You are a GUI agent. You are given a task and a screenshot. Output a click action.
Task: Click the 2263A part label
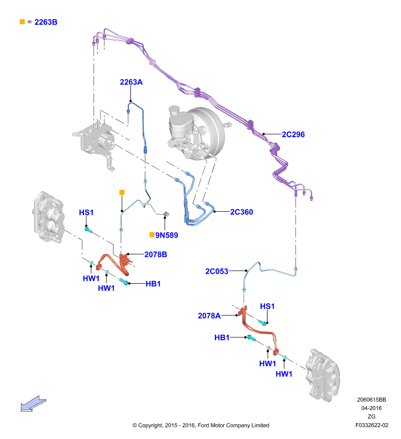click(131, 82)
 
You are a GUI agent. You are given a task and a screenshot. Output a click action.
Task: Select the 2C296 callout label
click(293, 134)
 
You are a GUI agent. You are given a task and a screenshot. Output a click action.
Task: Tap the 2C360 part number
click(241, 212)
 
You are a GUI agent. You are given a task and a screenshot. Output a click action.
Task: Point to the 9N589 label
click(167, 235)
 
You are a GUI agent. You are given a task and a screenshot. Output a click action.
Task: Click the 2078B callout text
click(156, 255)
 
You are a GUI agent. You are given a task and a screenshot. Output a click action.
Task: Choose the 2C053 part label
click(217, 271)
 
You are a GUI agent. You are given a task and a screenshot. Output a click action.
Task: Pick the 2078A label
click(210, 316)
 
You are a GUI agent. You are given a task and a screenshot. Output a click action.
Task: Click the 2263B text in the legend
click(46, 22)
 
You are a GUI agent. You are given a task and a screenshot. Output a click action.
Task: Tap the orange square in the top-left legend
click(22, 22)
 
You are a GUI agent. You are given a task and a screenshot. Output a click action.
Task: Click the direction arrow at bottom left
click(33, 404)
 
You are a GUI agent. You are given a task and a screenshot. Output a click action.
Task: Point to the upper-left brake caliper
click(49, 217)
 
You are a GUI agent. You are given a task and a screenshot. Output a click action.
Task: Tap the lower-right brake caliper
click(323, 375)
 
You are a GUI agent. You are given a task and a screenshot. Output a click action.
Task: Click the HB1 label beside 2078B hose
click(153, 284)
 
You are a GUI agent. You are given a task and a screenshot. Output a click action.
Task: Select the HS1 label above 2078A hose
click(267, 306)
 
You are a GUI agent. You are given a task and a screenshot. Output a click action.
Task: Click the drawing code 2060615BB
click(371, 400)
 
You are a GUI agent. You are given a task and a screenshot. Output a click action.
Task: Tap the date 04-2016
click(371, 408)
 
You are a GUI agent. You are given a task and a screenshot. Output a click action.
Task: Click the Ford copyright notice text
click(201, 425)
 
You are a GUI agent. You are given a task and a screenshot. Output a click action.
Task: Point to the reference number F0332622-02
click(372, 425)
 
